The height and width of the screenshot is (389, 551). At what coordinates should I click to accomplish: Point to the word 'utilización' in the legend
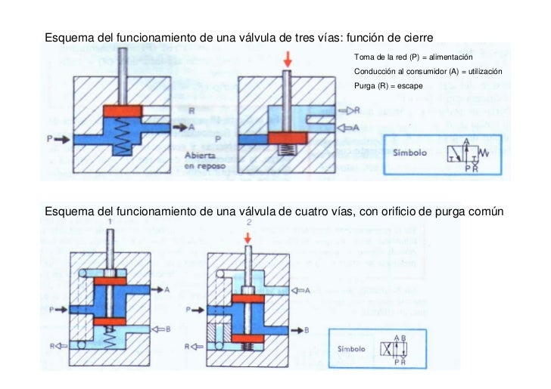click(483, 72)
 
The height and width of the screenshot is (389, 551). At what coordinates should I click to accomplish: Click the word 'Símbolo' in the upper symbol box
click(409, 153)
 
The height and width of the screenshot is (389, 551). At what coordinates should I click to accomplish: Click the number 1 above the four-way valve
click(110, 221)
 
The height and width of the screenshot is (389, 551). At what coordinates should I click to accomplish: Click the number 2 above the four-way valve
click(248, 222)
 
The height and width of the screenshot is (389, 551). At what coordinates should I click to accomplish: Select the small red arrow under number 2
click(248, 238)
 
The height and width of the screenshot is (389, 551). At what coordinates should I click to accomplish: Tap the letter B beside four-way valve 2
click(307, 330)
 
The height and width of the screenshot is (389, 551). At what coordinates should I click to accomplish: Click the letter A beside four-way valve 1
click(167, 289)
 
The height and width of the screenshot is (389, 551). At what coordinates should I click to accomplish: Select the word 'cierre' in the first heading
click(415, 37)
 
